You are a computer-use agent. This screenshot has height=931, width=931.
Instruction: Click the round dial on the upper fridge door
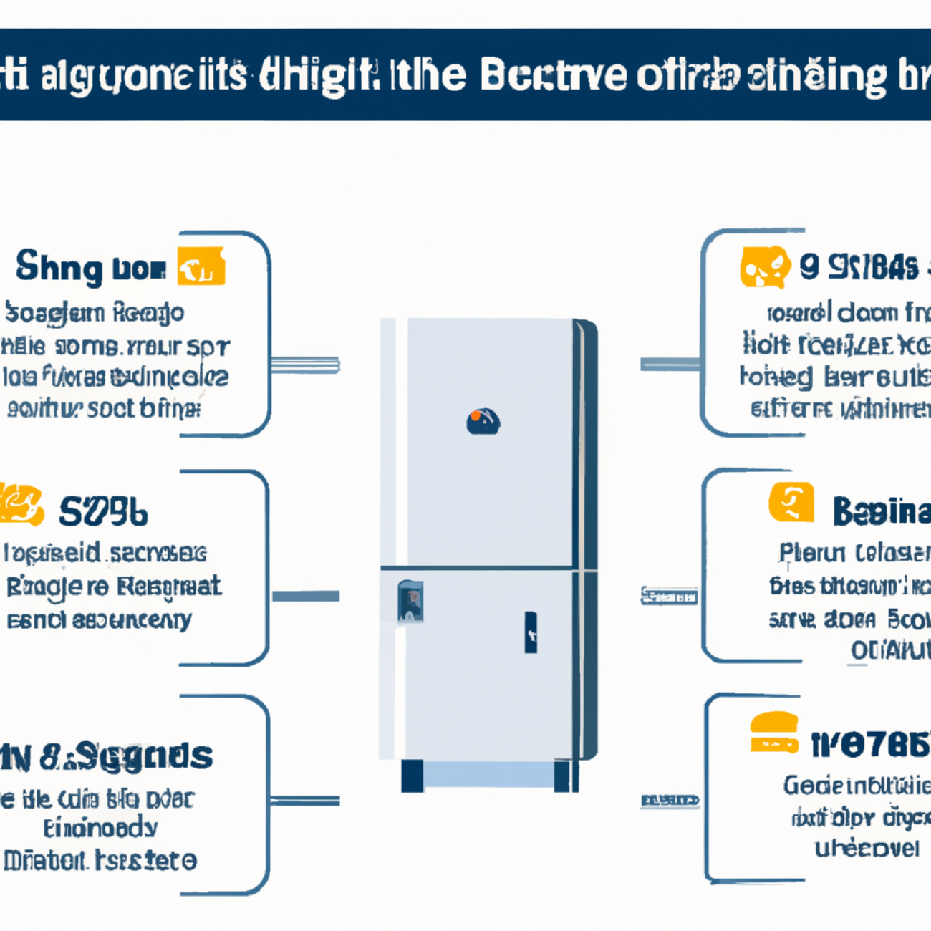[x=483, y=421]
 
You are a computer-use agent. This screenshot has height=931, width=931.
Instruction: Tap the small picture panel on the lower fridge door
[x=410, y=601]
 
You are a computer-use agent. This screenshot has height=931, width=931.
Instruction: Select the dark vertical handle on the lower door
[x=531, y=632]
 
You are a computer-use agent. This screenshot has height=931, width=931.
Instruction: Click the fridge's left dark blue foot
[x=412, y=776]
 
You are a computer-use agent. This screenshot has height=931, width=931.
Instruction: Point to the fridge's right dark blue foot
[x=562, y=776]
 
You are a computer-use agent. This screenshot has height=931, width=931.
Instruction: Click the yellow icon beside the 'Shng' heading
[x=201, y=267]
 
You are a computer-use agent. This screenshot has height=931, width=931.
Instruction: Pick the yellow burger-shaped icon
[x=774, y=733]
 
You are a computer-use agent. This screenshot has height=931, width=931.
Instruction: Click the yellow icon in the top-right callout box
[x=764, y=267]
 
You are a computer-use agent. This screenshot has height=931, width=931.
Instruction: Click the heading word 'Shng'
[x=59, y=268]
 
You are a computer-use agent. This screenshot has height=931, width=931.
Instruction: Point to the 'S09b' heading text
[x=103, y=511]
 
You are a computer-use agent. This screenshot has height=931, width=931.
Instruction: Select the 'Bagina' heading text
[x=881, y=511]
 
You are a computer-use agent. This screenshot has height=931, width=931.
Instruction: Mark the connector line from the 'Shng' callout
[x=305, y=365]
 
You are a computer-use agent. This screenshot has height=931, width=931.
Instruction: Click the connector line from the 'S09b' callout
[x=306, y=596]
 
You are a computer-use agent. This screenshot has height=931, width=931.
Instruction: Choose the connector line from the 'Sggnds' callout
[x=305, y=800]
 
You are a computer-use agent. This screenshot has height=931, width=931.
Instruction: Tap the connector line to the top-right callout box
[x=670, y=365]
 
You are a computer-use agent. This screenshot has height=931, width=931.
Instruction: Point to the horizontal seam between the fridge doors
[x=487, y=568]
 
